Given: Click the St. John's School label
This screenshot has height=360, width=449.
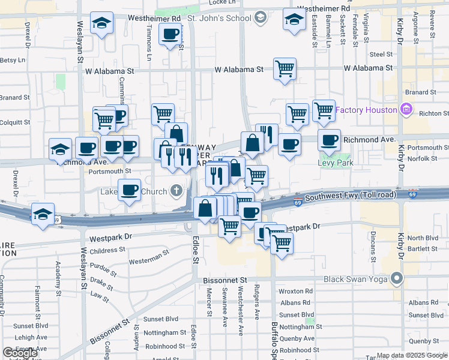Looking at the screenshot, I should [x=219, y=18].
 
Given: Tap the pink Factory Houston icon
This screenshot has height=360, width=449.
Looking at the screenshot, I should [x=406, y=110].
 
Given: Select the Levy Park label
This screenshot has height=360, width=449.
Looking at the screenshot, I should [x=336, y=163].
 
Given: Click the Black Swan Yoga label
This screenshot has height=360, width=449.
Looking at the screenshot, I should [x=357, y=279].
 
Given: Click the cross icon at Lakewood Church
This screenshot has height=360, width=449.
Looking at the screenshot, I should [x=176, y=191].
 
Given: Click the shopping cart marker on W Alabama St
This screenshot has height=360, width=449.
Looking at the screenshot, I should [x=285, y=68].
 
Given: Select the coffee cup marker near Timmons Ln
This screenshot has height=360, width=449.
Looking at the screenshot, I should [x=170, y=34].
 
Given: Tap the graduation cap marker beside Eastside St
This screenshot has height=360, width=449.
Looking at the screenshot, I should [x=294, y=22].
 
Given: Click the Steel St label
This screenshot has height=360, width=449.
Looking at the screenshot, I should [x=381, y=54].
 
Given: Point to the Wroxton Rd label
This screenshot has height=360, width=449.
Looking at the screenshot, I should [x=297, y=291].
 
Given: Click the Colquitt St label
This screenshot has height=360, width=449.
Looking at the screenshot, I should [x=14, y=122].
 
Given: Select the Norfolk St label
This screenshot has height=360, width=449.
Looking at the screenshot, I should [x=424, y=158].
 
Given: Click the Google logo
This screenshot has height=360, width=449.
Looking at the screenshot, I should [x=20, y=353].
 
